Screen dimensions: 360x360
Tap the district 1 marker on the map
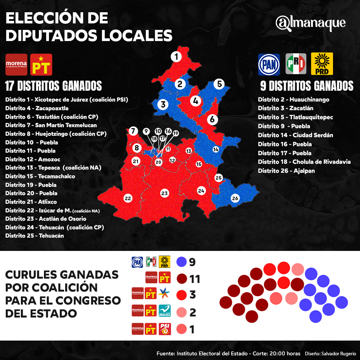coord(176,57)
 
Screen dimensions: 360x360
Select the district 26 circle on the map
coord(235,198)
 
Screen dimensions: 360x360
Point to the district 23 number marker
coord(165,193)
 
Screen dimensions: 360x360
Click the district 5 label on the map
coord(219,84)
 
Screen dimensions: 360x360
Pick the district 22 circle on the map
coord(127,198)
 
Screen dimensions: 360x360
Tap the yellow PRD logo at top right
coord(321,64)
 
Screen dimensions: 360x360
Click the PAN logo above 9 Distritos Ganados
coord(269,64)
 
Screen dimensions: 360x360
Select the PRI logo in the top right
coord(296,64)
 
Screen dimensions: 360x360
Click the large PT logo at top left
coord(41,64)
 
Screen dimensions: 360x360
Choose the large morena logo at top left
coord(16,64)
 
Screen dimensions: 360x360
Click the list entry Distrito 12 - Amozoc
coord(33,159)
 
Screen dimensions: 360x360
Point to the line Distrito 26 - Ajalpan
coord(286,171)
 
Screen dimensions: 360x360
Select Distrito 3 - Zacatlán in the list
coord(285,108)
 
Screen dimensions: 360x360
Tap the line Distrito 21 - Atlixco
coord(31,202)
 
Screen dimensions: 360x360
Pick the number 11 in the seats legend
coord(194,279)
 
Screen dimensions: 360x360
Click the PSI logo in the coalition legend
coord(165,329)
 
